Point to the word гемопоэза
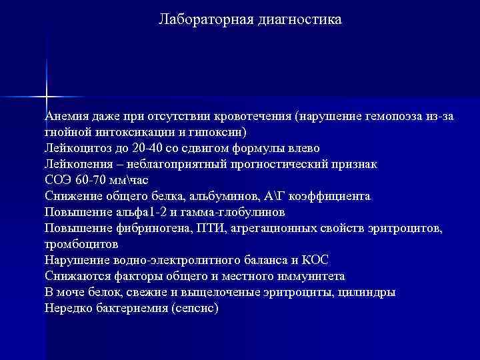click(384, 116)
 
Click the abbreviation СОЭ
click(58, 180)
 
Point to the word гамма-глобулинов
click(232, 212)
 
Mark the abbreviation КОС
click(313, 261)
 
